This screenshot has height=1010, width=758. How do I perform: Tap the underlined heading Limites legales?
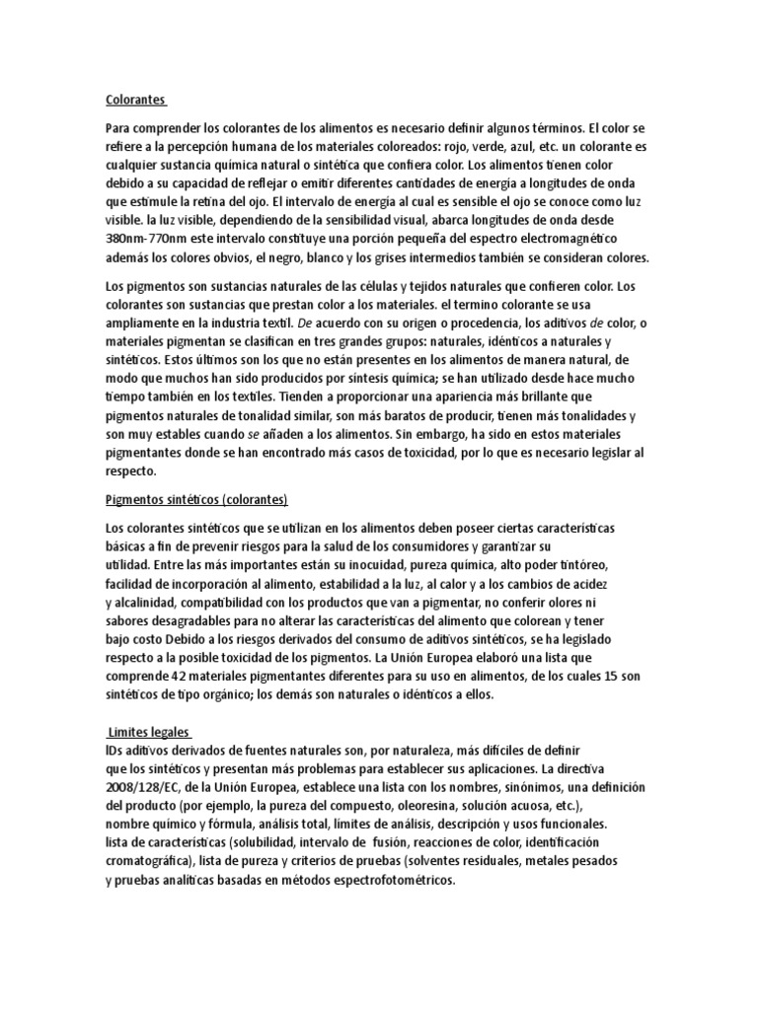coord(148,733)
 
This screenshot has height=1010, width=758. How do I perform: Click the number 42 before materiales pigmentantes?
coord(183,676)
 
